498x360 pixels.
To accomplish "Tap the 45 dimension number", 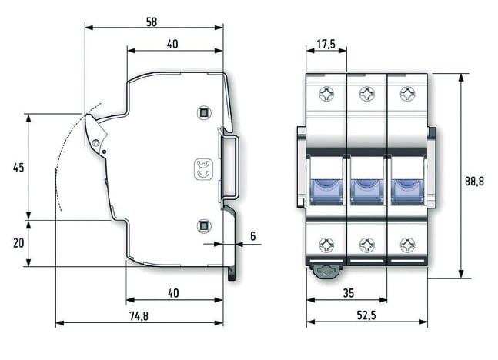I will click(x=18, y=167).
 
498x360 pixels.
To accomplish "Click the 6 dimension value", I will click(x=252, y=237).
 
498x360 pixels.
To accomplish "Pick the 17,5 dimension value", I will click(x=326, y=45).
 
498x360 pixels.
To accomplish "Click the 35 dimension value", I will click(x=347, y=293).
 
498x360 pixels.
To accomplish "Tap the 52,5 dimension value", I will click(x=367, y=315).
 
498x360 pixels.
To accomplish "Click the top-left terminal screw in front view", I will click(x=326, y=95).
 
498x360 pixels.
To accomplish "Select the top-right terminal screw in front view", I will click(x=406, y=95).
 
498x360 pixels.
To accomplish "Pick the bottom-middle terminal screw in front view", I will click(x=366, y=245).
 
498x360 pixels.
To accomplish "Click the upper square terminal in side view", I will click(x=203, y=113).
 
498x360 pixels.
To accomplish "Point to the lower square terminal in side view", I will click(x=203, y=225).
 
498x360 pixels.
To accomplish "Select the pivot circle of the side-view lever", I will click(x=95, y=142).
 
